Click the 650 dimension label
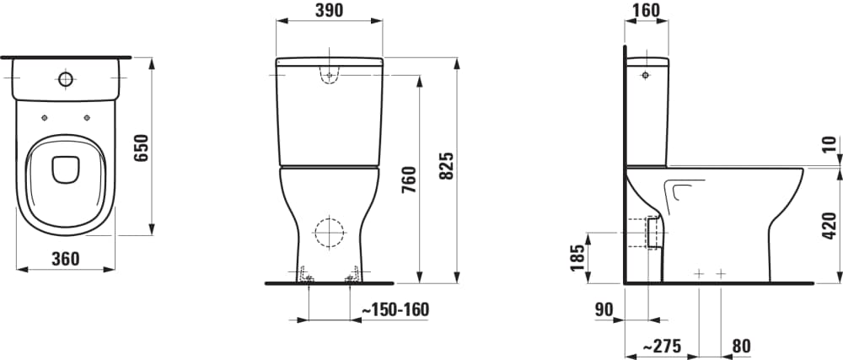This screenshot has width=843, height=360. coord(140,148)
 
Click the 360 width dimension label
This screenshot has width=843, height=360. coord(66,259)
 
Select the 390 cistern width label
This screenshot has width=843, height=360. coord(329,10)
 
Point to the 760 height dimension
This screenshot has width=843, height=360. coord(409,180)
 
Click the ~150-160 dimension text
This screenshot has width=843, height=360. coord(395,309)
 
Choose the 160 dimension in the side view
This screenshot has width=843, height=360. coord(647,9)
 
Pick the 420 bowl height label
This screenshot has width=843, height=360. coord(830,226)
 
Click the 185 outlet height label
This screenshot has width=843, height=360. coord(577,258)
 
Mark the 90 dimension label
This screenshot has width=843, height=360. coord(604,309)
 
